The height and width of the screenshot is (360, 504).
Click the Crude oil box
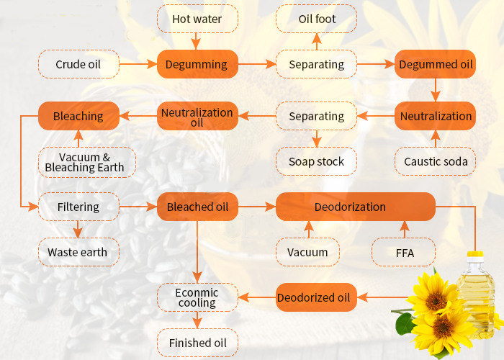coord(78,64)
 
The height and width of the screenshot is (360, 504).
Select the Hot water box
coord(197,19)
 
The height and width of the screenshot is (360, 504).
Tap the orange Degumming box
coord(197,64)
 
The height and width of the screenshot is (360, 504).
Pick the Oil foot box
coord(317,19)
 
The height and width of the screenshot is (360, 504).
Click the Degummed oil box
coord(436,64)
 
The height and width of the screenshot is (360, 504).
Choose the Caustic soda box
coord(436,161)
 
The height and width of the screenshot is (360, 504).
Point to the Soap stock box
coord(317,161)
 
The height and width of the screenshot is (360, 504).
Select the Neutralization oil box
coord(197,116)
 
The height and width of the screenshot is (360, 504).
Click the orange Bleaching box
coord(78,116)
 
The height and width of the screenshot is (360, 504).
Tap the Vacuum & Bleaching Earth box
coord(85,162)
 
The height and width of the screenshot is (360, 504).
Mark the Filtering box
coord(78,207)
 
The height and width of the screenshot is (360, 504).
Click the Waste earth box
coord(78,252)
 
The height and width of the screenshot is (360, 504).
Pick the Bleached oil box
coord(197,207)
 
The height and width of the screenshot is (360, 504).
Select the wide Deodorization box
coord(356,207)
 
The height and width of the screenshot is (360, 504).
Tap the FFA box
coord(403,252)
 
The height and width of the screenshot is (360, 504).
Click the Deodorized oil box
coord(317,297)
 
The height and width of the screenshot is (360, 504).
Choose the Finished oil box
coord(197,343)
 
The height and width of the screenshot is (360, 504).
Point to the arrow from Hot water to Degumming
coord(197,40)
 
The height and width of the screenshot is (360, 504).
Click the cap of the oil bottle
coord(475,256)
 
